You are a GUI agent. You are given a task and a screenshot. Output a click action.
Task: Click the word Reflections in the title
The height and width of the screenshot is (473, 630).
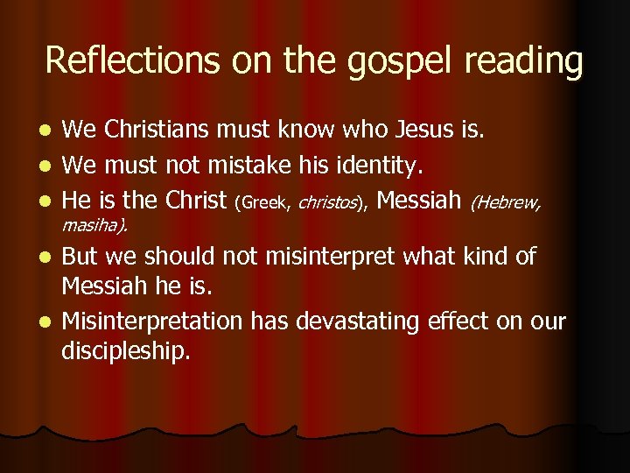point(132,60)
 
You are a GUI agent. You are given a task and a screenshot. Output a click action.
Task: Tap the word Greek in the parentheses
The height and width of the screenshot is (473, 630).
point(263,203)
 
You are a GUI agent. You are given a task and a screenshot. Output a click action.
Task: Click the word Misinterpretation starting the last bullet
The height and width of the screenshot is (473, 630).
point(153,322)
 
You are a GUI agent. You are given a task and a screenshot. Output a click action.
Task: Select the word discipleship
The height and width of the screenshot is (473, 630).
point(125,352)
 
